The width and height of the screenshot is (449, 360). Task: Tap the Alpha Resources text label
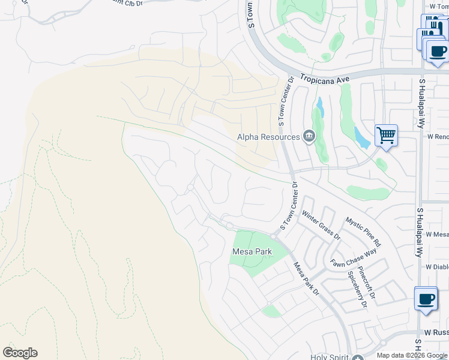point(268,137)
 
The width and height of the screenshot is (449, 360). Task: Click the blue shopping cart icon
point(386,135)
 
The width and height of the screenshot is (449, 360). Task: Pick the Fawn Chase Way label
point(354,257)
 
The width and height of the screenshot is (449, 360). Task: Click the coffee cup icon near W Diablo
point(426,298)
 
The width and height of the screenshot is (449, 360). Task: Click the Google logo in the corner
point(20,353)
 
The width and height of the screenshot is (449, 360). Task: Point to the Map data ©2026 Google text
point(412,355)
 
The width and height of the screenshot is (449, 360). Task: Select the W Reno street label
point(438,137)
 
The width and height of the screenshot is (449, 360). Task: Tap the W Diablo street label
point(437,267)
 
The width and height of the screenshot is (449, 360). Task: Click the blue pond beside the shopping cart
point(362,138)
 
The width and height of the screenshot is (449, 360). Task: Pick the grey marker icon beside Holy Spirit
point(359,356)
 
